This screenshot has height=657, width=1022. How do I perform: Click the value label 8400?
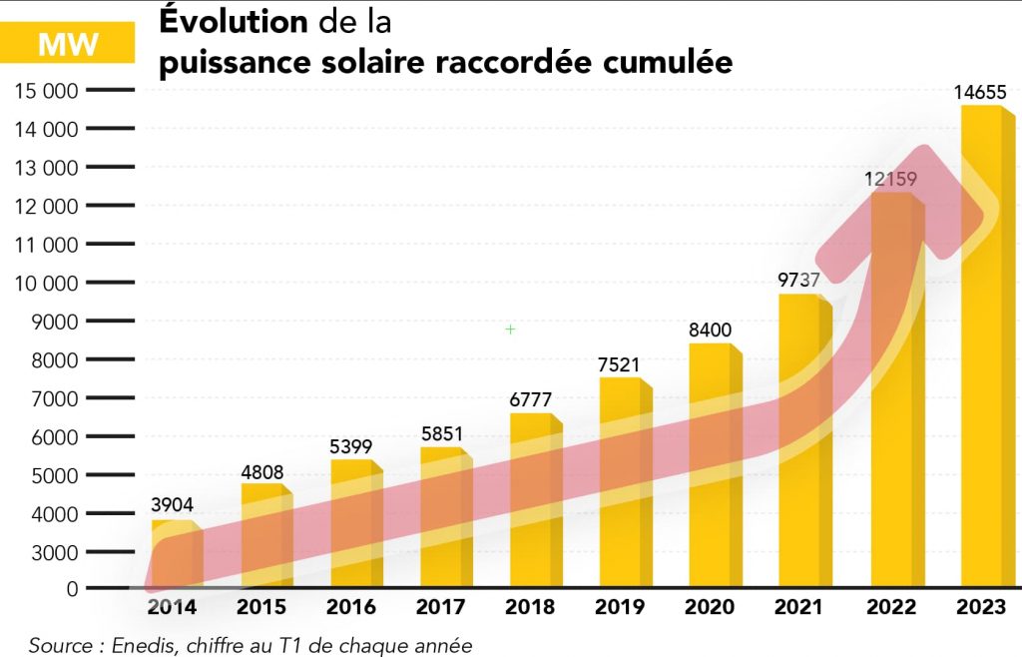coord(713,329)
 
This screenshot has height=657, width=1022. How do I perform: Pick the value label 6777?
coord(531,399)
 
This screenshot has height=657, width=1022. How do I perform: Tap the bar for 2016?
coord(351,524)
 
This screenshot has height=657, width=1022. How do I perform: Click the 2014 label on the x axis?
coord(172,607)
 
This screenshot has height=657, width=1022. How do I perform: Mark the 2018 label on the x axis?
coord(530,607)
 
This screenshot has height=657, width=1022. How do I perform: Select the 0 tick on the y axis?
coord(72,590)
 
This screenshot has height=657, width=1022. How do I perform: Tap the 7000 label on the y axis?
coord(55,398)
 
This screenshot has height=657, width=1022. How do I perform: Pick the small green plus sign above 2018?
coord(510,328)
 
